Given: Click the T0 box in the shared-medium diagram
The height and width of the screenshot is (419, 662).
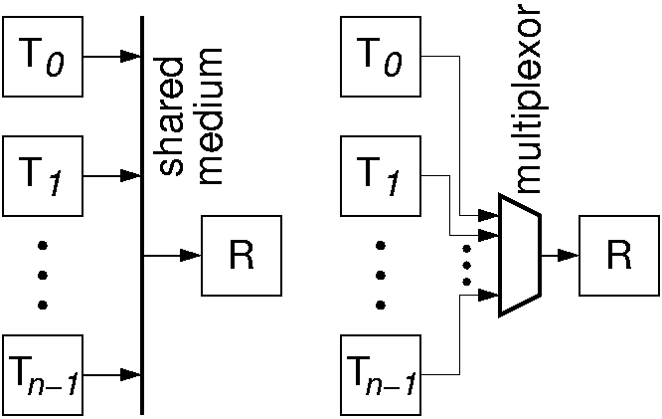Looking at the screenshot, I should (x=43, y=57).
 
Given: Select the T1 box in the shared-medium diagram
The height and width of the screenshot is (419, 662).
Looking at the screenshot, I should (x=43, y=175).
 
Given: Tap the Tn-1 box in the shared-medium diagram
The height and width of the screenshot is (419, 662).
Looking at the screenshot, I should (x=43, y=375).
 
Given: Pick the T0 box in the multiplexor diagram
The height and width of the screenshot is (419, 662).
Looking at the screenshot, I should (x=383, y=57).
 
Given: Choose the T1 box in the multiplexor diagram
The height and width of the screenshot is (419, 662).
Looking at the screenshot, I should (x=383, y=175).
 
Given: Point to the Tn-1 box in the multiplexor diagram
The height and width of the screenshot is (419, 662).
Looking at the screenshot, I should (x=383, y=375).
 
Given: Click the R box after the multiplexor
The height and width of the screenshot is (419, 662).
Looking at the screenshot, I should (x=620, y=256).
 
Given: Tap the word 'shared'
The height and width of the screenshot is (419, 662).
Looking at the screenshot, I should (x=171, y=117).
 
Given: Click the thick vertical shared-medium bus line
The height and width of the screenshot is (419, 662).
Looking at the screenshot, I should (x=143, y=299).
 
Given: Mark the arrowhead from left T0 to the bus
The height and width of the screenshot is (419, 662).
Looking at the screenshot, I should (x=131, y=57).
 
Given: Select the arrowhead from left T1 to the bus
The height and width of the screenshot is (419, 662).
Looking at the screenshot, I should (x=131, y=175).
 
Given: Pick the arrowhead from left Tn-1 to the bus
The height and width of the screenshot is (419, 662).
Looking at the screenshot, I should (x=131, y=375).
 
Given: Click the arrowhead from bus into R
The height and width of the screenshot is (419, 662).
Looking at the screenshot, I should (x=190, y=256).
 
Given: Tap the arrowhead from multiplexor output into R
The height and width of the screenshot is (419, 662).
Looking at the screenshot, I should (x=569, y=256).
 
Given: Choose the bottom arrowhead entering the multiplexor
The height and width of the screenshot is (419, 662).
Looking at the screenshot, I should (x=490, y=295).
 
